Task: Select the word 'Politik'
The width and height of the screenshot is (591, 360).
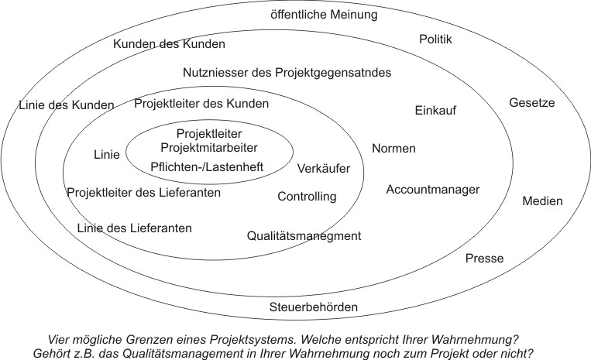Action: pyautogui.click(x=435, y=39)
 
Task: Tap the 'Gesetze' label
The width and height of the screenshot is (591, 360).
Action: pyautogui.click(x=531, y=103)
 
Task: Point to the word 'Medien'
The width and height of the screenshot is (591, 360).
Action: pyautogui.click(x=542, y=201)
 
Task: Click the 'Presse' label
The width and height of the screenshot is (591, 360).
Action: pyautogui.click(x=484, y=259)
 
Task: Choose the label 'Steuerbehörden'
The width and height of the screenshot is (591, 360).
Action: pyautogui.click(x=314, y=307)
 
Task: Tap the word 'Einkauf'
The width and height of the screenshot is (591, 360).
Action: pyautogui.click(x=435, y=110)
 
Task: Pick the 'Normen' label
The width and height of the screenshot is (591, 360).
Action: pyautogui.click(x=393, y=148)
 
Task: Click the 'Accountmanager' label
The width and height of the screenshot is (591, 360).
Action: pyautogui.click(x=433, y=189)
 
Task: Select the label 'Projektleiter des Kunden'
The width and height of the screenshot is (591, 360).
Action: pyautogui.click(x=201, y=103)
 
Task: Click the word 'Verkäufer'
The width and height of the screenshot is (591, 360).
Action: pyautogui.click(x=324, y=168)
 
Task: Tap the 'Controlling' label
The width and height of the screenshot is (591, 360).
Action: pyautogui.click(x=307, y=197)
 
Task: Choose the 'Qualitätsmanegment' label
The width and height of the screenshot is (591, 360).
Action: pyautogui.click(x=304, y=235)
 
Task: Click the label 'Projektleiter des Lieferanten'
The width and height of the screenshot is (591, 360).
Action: pyautogui.click(x=144, y=192)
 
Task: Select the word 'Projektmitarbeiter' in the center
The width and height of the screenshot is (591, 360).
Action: pyautogui.click(x=208, y=146)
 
